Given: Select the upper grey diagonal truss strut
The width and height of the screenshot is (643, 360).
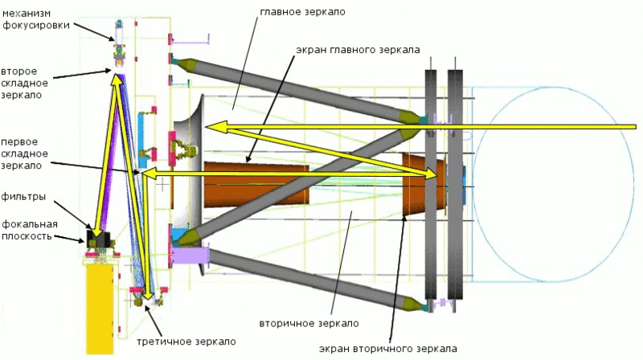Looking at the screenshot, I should [297, 88].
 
